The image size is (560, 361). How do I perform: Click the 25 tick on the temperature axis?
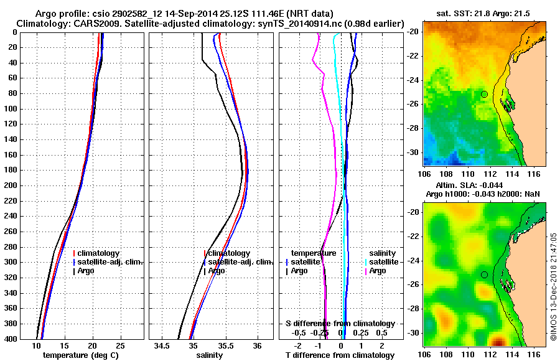[x=121, y=345]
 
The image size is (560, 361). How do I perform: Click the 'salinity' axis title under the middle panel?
[x=210, y=355]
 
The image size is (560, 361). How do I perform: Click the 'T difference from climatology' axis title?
[x=340, y=355]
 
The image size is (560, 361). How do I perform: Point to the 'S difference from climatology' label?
[x=340, y=324]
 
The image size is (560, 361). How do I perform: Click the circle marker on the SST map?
[x=484, y=94]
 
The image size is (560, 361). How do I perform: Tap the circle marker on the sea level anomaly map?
[x=484, y=274]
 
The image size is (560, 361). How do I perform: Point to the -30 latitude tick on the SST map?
[x=416, y=152]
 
